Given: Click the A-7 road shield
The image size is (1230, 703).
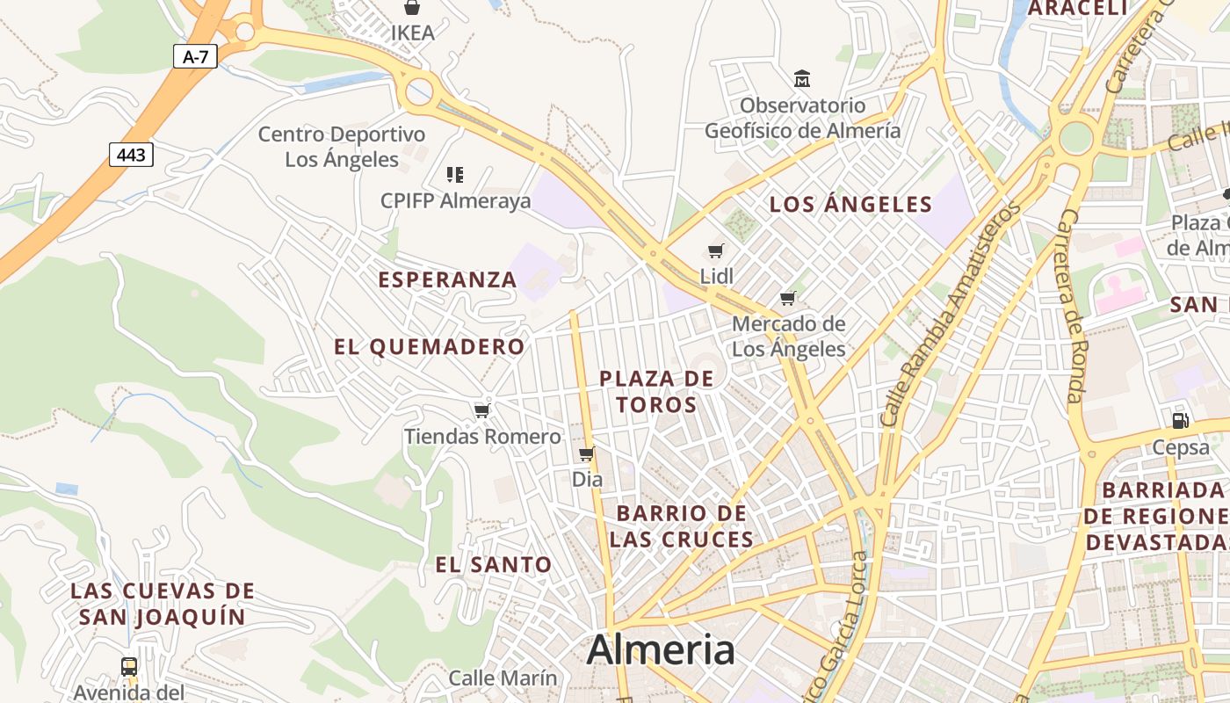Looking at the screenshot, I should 195,57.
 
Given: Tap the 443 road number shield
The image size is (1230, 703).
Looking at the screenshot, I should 131,156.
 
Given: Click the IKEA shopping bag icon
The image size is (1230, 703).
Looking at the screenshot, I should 412,8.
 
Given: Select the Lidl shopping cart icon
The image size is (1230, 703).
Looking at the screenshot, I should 716,251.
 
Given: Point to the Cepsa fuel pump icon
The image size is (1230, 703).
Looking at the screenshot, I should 1181,421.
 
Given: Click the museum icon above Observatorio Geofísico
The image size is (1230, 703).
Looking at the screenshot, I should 802,79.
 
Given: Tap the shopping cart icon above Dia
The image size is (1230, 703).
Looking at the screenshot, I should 587,454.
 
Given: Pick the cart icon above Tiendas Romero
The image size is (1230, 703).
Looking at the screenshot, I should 481,410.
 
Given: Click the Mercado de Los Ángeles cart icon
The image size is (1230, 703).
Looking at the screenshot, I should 788,299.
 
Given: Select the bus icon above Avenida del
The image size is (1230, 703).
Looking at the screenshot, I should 129,667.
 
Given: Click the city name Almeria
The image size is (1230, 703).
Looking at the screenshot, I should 660,650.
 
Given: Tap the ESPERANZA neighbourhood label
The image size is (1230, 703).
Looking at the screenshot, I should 447,279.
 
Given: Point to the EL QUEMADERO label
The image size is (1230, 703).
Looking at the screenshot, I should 429,346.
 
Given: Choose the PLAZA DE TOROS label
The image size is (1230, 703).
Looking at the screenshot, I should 656,391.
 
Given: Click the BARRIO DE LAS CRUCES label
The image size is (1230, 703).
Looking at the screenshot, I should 681,525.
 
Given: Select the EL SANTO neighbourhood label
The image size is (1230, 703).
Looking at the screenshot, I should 494,565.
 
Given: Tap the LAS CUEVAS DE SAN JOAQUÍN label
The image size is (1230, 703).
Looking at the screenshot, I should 163,604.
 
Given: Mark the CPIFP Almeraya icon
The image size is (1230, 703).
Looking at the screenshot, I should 455,174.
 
